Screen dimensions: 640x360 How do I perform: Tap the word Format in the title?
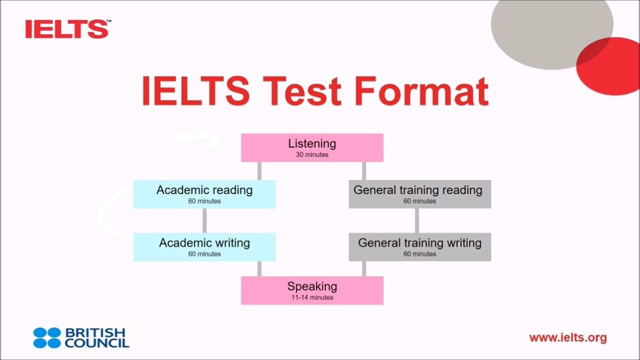click(x=421, y=91)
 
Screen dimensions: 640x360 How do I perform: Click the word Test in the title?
click(x=302, y=91)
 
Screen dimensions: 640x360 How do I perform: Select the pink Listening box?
click(x=312, y=148)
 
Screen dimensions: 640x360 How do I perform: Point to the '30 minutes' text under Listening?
click(x=312, y=155)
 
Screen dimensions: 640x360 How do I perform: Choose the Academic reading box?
click(x=205, y=194)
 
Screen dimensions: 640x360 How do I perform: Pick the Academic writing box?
click(x=205, y=247)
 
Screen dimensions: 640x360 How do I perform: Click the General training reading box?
click(x=420, y=194)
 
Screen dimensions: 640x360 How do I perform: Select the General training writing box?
click(x=420, y=247)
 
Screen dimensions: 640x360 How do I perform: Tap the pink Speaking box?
click(x=312, y=291)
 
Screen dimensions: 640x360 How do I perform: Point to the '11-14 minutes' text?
click(x=312, y=298)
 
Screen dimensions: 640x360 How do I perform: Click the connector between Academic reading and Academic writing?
click(x=205, y=221)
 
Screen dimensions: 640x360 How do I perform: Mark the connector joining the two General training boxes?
click(x=417, y=221)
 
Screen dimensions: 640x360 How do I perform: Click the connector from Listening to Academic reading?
click(x=259, y=171)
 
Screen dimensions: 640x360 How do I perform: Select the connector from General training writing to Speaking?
click(x=364, y=269)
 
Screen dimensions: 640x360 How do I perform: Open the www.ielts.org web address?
click(x=568, y=338)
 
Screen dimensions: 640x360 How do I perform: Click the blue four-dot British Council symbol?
click(x=47, y=338)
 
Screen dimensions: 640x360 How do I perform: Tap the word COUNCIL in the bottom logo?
click(x=97, y=343)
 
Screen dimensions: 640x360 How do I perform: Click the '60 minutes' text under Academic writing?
click(x=205, y=254)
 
